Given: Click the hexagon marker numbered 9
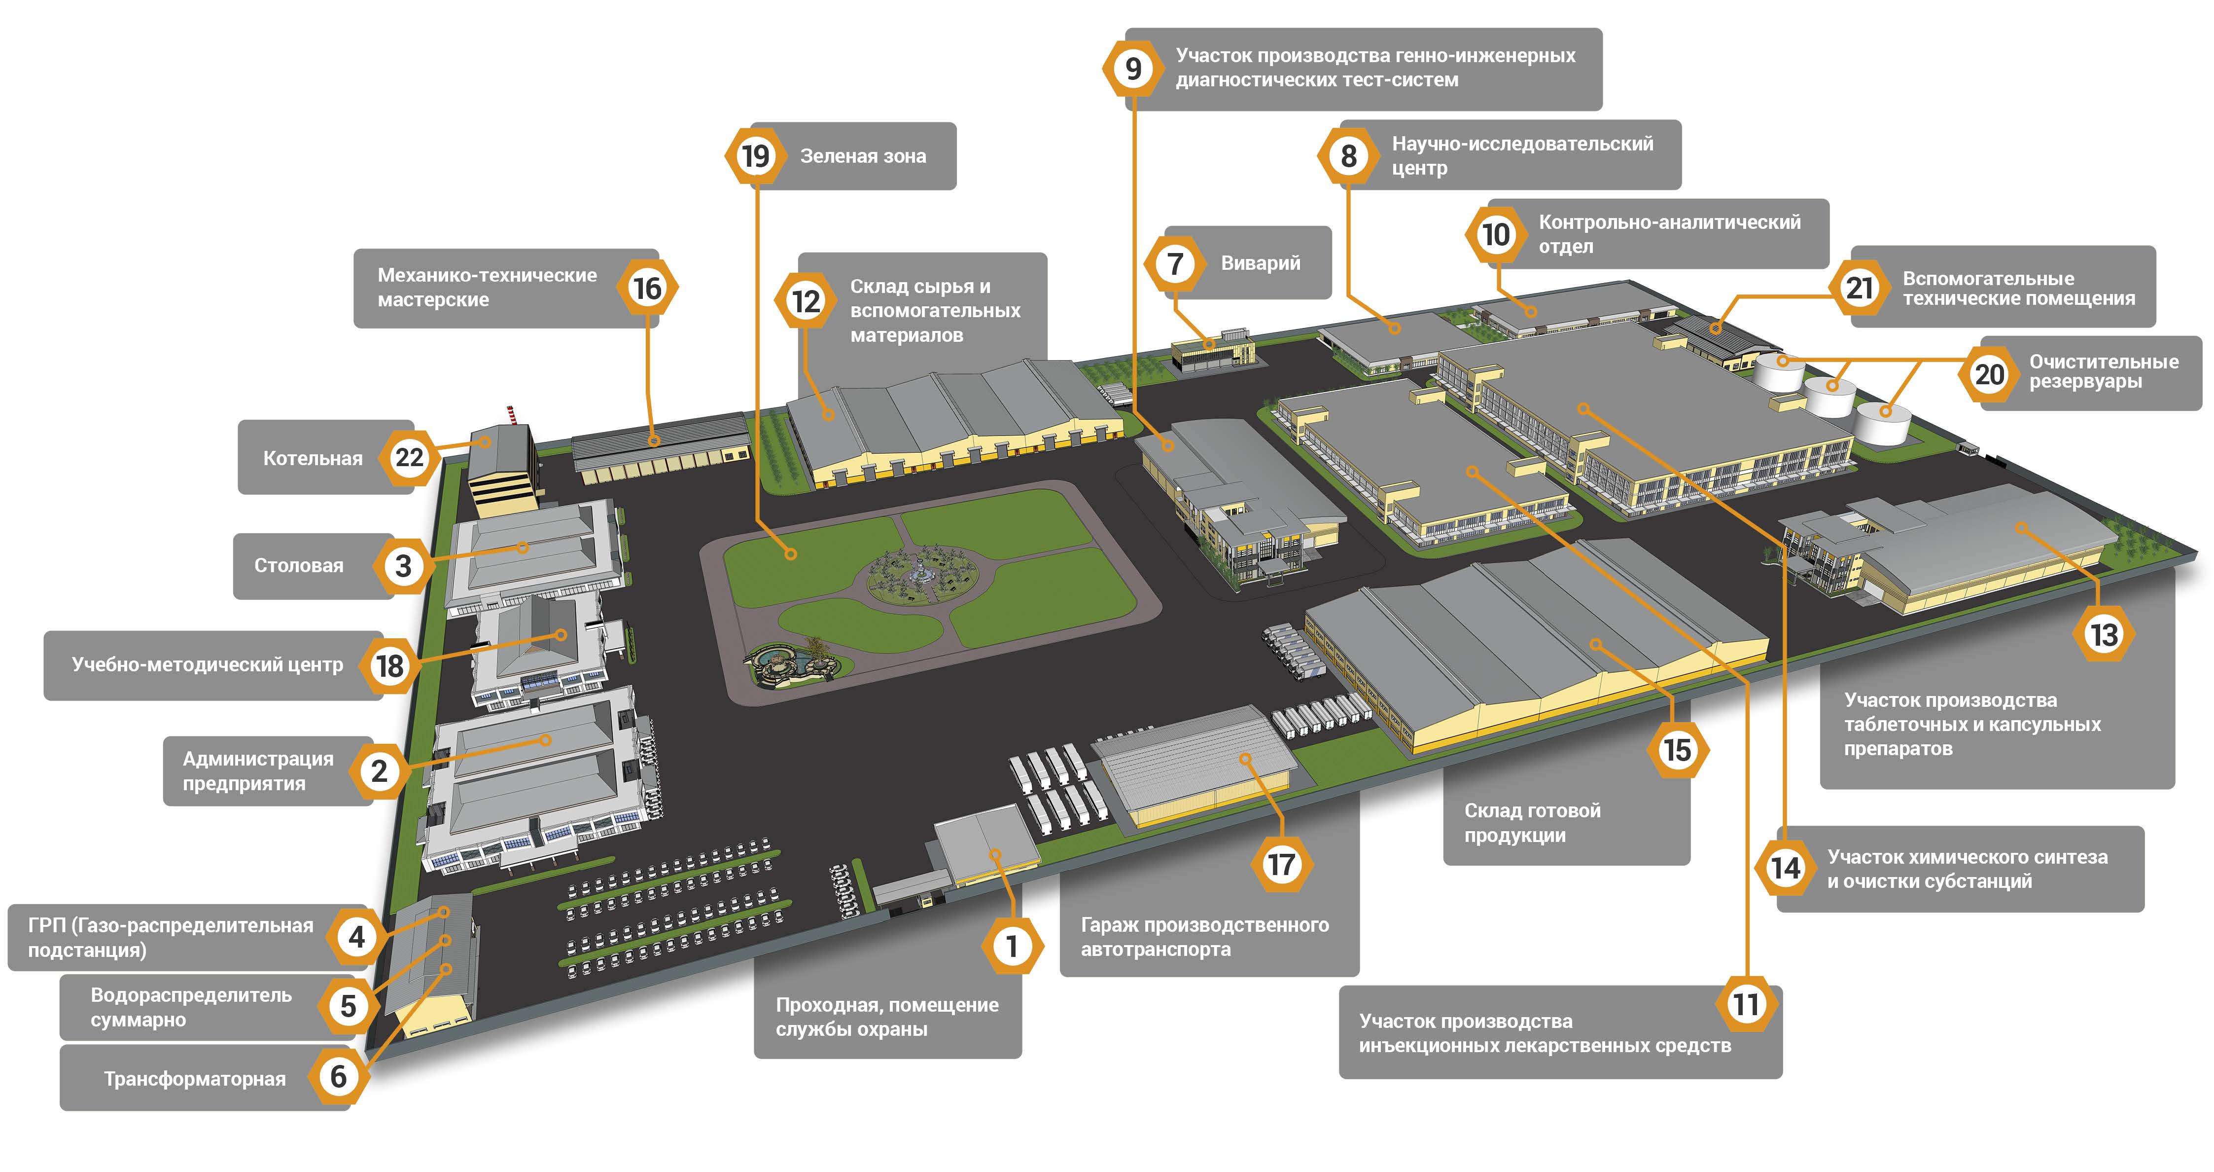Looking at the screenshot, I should coord(1133,68).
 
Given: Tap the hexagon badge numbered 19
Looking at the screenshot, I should coord(755,156).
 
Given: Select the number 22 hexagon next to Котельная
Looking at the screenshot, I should coord(409,457).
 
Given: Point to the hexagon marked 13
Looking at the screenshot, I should coord(2103,634).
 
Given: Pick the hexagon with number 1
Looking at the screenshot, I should coord(1012,946).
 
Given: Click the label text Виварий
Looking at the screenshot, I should coord(1260,263).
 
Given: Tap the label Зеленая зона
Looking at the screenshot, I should coord(863,156).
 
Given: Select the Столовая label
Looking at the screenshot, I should coord(298,566).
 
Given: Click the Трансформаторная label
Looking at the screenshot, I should coord(194,1079).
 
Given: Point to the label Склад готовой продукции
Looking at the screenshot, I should coord(1532,823).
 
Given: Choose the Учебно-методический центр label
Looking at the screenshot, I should coord(207,665).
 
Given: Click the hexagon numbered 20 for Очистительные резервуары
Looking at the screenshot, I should coord(1989,374).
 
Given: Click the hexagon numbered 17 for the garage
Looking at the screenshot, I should coord(1281,864).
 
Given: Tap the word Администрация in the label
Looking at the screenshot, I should coord(258,759).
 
